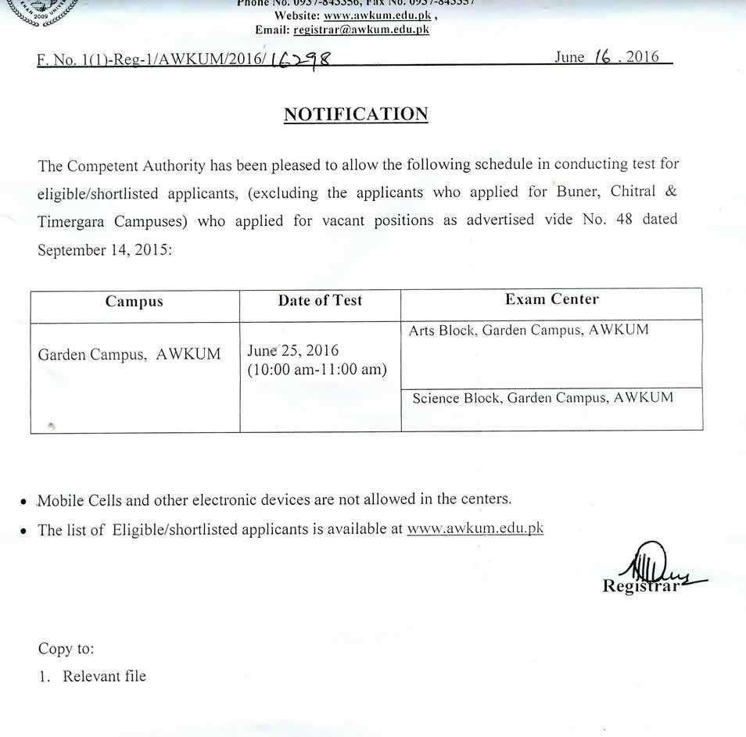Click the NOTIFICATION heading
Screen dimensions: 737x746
356,114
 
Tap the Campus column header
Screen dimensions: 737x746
134,302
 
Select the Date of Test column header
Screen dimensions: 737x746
320,300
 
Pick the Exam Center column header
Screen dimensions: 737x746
551,299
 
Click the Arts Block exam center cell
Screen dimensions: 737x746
529,331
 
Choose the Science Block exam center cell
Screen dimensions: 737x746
543,398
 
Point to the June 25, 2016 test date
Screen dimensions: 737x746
292,350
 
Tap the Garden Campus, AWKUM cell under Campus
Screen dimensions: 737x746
129,354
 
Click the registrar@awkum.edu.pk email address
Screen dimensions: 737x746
361,30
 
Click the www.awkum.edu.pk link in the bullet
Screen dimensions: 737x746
475,529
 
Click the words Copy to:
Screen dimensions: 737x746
66,649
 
